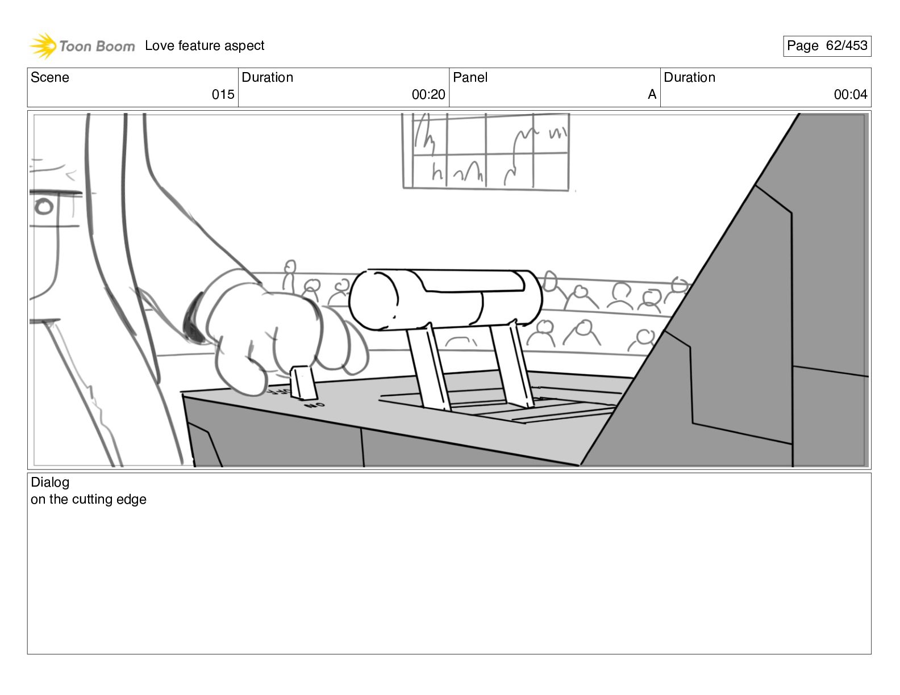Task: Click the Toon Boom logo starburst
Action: click(43, 45)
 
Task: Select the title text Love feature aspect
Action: click(205, 45)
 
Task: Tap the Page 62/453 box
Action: click(827, 46)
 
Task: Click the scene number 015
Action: click(223, 95)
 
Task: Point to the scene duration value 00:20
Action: click(428, 95)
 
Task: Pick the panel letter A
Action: click(652, 95)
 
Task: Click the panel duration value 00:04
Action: click(851, 95)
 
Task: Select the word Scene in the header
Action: click(50, 78)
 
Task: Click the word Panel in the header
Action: click(470, 78)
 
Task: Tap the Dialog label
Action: click(50, 483)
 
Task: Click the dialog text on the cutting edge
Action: click(89, 500)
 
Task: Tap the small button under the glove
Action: click(303, 383)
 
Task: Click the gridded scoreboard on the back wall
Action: click(486, 151)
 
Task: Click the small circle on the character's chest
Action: click(44, 207)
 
